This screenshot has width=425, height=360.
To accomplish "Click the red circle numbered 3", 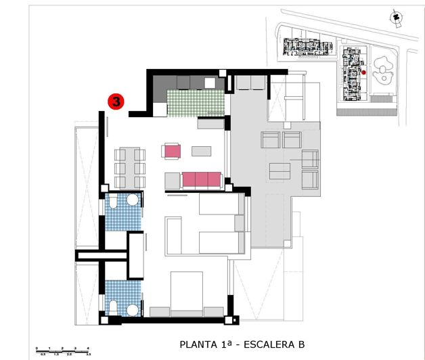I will click(116, 102).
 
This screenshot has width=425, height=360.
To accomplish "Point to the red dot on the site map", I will click(363, 72).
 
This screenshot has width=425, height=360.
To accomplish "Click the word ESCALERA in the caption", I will click(266, 344).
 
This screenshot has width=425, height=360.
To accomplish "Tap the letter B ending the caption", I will click(300, 344).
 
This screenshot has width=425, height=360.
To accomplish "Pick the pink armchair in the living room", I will click(172, 150).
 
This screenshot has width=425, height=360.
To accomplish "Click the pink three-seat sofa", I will click(202, 180).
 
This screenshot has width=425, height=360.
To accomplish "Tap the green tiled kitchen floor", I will click(195, 103).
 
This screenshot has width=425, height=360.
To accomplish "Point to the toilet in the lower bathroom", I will click(113, 308).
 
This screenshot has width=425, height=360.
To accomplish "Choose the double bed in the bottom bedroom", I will click(187, 292).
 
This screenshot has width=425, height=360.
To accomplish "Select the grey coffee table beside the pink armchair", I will click(202, 151).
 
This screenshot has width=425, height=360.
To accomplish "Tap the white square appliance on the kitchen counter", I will click(210, 83).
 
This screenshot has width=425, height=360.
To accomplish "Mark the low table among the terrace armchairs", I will click(279, 170).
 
